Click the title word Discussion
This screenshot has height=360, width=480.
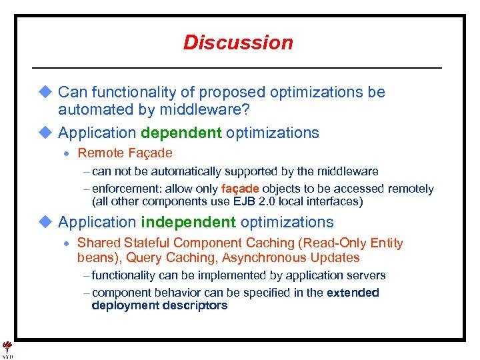pyautogui.click(x=238, y=43)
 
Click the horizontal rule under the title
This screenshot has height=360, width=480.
pyautogui.click(x=237, y=68)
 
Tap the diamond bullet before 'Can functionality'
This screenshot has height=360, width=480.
pyautogui.click(x=45, y=92)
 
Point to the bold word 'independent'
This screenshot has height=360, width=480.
pyautogui.click(x=188, y=222)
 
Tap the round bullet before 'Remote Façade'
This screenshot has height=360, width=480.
pyautogui.click(x=68, y=154)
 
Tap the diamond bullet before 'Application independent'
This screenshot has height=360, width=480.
pyautogui.click(x=45, y=222)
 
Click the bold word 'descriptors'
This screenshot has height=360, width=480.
pyautogui.click(x=193, y=305)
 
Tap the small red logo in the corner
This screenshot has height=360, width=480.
pyautogui.click(x=7, y=347)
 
